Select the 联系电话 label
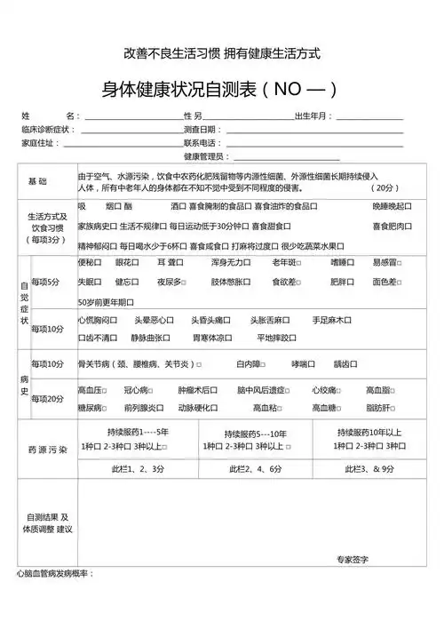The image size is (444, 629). [x=202, y=142]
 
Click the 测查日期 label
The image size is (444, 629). [x=202, y=130]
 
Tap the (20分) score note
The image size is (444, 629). [x=387, y=188]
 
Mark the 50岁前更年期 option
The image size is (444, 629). [x=104, y=302]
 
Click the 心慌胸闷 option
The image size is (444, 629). [x=98, y=320]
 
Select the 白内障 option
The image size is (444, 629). [x=250, y=364]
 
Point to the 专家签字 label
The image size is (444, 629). [x=353, y=559]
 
